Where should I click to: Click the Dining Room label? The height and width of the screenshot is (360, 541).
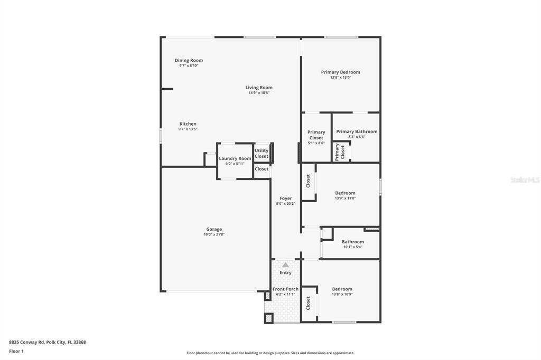(x=189, y=60)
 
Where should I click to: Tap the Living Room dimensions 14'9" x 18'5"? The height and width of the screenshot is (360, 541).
(x=259, y=93)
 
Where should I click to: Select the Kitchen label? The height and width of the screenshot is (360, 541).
(x=188, y=124)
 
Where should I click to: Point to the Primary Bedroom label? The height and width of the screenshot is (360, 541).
(x=340, y=72)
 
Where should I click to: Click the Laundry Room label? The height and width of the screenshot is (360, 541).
(x=235, y=158)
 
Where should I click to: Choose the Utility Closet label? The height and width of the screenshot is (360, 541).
(x=262, y=153)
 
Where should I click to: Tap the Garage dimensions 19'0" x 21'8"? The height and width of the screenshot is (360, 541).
(x=214, y=234)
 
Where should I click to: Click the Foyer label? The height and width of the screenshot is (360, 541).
(x=285, y=198)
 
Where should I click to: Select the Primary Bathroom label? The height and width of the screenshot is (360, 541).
(x=357, y=131)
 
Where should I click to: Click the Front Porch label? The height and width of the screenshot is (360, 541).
(x=285, y=289)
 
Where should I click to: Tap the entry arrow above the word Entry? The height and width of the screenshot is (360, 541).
(x=285, y=264)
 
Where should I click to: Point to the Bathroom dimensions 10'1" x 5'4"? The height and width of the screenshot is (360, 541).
(x=352, y=247)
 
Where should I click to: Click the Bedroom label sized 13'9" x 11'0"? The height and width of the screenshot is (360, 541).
(x=345, y=193)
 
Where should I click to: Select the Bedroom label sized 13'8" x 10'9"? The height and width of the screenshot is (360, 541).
(x=342, y=289)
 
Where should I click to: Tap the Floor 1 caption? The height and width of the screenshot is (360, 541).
(x=16, y=351)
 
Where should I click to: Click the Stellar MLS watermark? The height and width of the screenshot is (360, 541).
(x=525, y=180)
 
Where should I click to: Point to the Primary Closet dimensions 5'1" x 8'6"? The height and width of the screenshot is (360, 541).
(x=316, y=143)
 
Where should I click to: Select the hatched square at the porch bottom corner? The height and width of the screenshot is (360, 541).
(x=268, y=318)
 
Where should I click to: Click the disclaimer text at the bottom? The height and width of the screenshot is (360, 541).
(x=270, y=353)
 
